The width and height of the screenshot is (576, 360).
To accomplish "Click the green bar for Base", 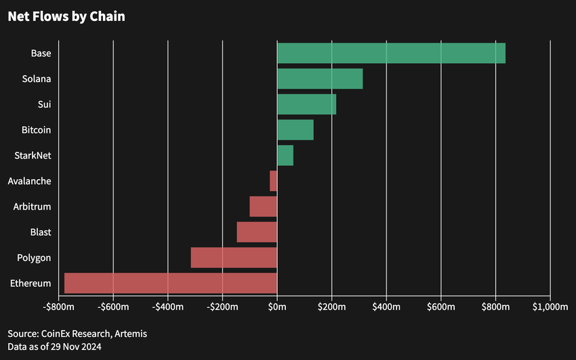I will point(391,53).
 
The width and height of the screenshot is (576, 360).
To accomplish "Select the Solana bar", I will point(320,79).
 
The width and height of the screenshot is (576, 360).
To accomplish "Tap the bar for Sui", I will point(306,104).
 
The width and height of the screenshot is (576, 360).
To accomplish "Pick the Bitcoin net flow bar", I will point(295,129).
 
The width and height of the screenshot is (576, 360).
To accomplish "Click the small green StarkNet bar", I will point(285,155).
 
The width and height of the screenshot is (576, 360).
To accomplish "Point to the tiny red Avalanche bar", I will point(273,181).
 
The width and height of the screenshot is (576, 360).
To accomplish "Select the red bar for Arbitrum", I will point(263,206).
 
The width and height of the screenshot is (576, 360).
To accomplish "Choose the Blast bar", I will point(257,232).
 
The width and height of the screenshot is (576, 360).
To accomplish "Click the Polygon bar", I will point(234,258).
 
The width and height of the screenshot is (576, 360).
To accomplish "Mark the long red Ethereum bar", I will point(171,283).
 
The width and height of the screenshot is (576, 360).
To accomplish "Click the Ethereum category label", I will point(30,283).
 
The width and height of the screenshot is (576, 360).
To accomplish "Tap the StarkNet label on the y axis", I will point(33,156).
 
